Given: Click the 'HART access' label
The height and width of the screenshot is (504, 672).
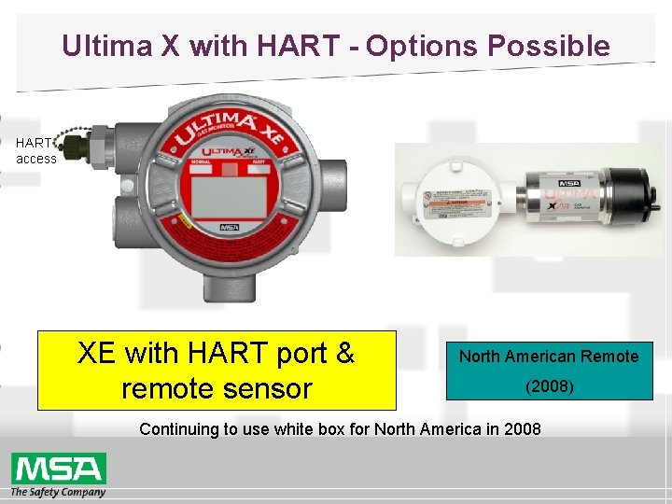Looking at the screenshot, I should pos(35,151).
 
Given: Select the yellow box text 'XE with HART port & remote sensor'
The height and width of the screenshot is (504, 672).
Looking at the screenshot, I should pos(216,370).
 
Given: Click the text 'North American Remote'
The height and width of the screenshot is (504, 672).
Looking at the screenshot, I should pos(549,356).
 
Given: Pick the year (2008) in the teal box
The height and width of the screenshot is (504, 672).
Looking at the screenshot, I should pos(549,385).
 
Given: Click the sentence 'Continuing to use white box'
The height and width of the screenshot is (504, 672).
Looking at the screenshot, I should pos(340,429).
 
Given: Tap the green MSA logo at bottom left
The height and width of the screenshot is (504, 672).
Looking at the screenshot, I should pos(58,468).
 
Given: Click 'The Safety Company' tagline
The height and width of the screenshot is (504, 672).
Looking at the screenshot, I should pos(58,491).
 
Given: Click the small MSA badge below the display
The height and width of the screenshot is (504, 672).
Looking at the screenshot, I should pos(229,227).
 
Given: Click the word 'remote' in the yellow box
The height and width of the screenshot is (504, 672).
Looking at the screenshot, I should pos(177,387).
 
